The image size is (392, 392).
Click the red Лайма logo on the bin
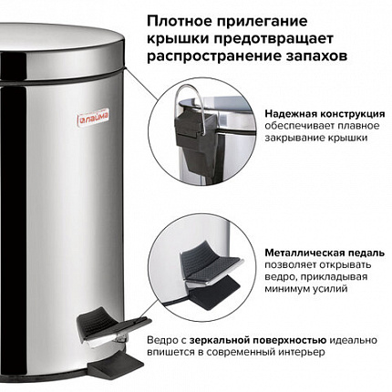(93, 117)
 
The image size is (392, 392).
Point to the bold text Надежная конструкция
(325, 114)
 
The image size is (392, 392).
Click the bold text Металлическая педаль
(325, 253)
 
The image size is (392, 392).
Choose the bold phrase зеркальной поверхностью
(258, 340)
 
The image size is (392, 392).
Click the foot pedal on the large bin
(113, 326)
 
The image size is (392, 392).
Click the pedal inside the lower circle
(211, 262)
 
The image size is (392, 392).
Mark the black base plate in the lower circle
(214, 294)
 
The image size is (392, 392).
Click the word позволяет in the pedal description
(290, 264)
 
